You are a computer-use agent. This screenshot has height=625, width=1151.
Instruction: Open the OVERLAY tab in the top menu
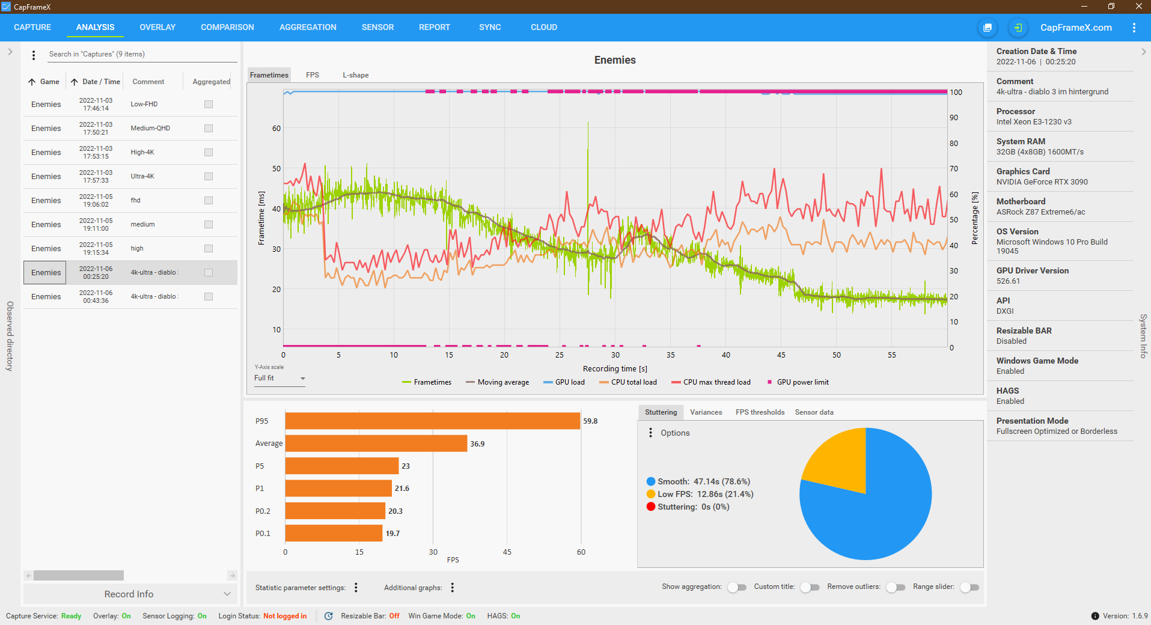[157, 27]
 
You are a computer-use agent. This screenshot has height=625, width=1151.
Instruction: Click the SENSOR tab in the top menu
[377, 27]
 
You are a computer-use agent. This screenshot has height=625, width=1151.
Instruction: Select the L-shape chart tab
[355, 75]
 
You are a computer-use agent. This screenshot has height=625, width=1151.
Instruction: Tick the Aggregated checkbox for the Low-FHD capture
[209, 104]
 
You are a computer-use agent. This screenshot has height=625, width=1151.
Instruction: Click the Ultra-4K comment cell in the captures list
[142, 176]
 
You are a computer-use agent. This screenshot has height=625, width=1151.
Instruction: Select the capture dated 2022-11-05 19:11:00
[96, 224]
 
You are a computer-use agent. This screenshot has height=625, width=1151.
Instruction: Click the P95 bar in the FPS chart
[432, 421]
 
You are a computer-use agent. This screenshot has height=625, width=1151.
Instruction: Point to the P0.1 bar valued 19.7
[334, 533]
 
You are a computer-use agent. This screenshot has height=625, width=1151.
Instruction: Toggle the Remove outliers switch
[896, 587]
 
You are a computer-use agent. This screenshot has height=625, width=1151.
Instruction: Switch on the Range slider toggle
[969, 587]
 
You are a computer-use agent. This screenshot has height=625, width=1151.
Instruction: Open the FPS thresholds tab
[760, 412]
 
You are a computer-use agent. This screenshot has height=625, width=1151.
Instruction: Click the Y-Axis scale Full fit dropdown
[279, 378]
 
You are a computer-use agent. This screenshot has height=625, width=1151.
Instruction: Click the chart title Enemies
[615, 60]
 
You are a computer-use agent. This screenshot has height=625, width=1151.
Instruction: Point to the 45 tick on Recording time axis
[781, 355]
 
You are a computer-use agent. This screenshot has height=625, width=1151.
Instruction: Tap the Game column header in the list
[49, 82]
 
